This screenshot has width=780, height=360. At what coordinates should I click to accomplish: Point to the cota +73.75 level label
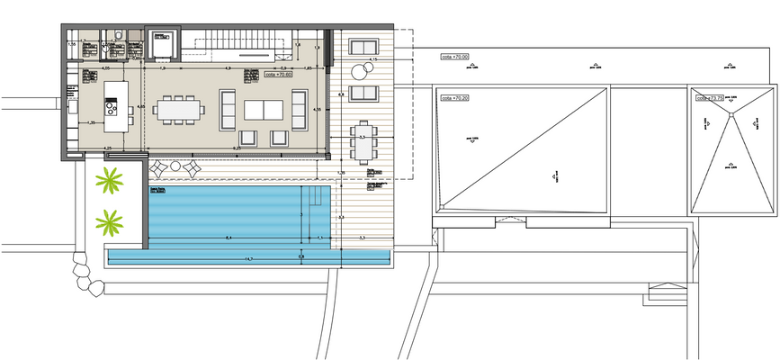pyautogui.click(x=712, y=97)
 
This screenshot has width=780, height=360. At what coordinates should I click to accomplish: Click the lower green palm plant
pyautogui.click(x=110, y=221)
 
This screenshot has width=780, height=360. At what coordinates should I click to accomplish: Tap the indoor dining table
pyautogui.click(x=180, y=110)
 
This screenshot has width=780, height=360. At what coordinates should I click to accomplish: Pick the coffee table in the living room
pyautogui.click(x=262, y=110)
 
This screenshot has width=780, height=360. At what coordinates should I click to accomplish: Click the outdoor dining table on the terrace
pyautogui.click(x=362, y=141)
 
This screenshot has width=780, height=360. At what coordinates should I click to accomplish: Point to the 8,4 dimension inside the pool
pyautogui.click(x=230, y=238)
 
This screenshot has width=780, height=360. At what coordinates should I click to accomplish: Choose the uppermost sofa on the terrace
pyautogui.click(x=363, y=48)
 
